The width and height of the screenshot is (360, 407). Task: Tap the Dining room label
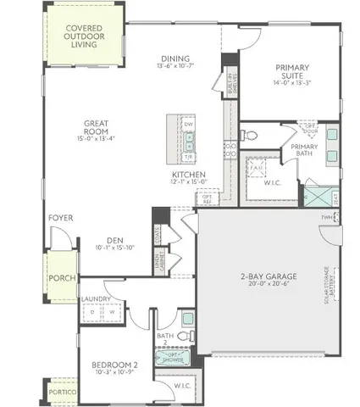(x=175, y=57)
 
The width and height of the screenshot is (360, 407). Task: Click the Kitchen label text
(x=189, y=175)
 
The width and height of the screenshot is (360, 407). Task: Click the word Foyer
(x=60, y=218)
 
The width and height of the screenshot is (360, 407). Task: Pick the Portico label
(x=60, y=394)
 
